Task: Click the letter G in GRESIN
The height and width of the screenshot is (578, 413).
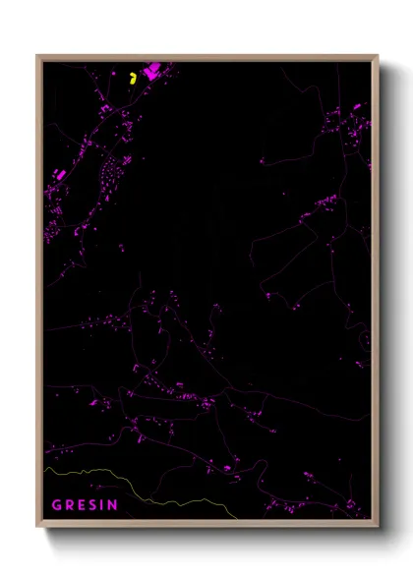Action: click(57, 505)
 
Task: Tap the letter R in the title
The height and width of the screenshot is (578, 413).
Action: click(70, 505)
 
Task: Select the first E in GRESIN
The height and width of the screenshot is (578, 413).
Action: click(82, 505)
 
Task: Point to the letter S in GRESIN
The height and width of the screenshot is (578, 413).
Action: click(93, 505)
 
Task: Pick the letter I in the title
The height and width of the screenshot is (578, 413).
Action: click(102, 505)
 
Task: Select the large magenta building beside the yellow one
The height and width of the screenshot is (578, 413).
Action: click(152, 71)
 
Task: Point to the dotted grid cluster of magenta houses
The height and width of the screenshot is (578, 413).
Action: click(110, 178)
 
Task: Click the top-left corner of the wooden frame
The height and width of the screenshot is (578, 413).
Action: click(38, 56)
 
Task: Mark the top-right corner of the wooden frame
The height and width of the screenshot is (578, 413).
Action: click(378, 56)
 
